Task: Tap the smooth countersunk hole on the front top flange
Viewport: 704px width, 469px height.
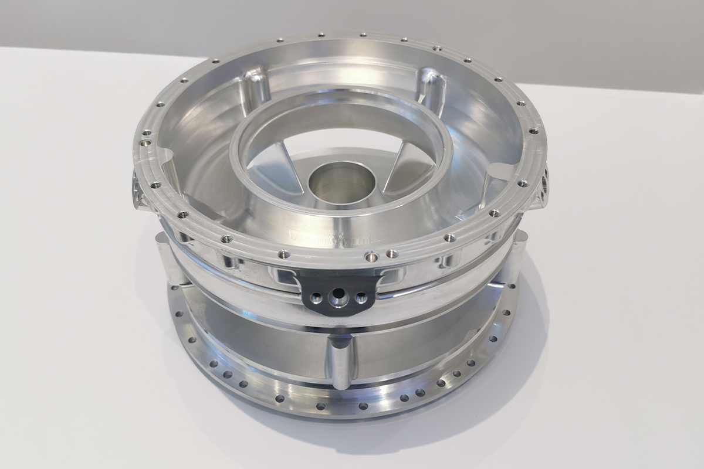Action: tap(371, 256)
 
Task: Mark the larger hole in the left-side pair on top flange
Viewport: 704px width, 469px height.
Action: tap(145, 142)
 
